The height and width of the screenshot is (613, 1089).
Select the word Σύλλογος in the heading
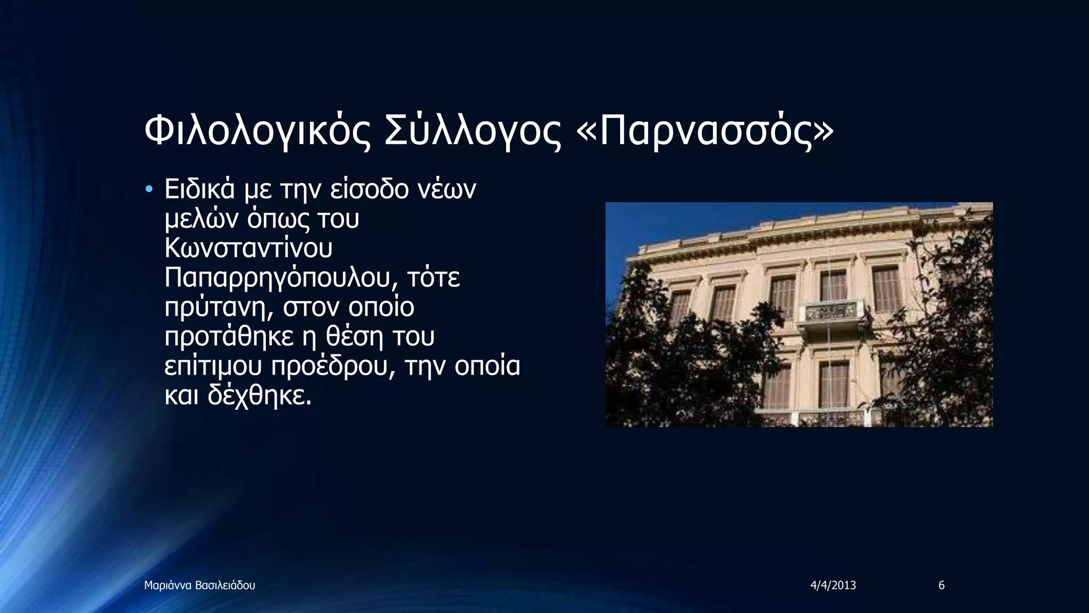tap(473, 132)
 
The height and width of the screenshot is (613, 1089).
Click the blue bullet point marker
tap(149, 189)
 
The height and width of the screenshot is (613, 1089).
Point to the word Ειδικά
tap(199, 189)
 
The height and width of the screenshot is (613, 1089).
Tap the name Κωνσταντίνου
tap(248, 248)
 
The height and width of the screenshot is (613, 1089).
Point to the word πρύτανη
tap(219, 308)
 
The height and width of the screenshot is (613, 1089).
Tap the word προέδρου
tap(334, 367)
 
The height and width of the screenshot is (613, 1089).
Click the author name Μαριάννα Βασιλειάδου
tap(199, 586)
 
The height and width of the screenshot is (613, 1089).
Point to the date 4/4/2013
tap(833, 586)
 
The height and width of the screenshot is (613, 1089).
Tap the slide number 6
tap(941, 586)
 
